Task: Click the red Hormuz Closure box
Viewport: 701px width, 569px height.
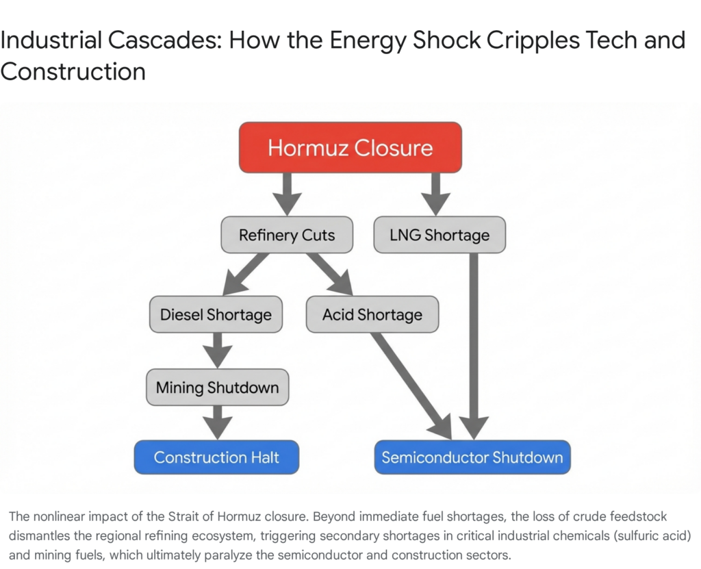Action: [350, 147]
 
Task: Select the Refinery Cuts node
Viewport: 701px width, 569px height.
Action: [287, 235]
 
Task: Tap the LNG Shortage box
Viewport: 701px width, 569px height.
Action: [439, 235]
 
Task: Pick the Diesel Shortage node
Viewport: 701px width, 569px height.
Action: [216, 314]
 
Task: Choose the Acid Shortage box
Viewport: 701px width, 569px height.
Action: [372, 314]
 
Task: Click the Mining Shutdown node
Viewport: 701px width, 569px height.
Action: [217, 388]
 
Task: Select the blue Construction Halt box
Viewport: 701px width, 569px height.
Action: [216, 457]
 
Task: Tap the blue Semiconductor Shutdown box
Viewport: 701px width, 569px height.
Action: [472, 457]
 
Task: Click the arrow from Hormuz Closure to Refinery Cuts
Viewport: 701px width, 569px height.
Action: [287, 192]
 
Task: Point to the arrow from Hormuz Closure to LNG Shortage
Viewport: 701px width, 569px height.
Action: [435, 192]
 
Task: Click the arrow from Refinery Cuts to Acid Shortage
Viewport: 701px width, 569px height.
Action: [331, 273]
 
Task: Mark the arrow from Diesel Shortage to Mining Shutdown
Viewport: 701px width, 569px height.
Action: [217, 349]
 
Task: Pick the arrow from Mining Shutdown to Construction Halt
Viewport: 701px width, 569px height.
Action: [217, 420]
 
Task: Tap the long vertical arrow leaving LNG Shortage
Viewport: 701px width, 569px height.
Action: [472, 342]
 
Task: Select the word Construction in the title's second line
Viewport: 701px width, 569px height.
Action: [73, 71]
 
